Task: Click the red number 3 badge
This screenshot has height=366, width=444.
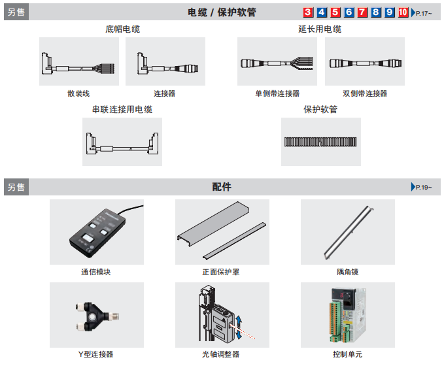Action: pos(308,12)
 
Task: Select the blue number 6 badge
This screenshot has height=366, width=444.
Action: pos(349,12)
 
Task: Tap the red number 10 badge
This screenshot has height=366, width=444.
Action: pos(403,12)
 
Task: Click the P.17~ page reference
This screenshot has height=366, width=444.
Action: pos(422,13)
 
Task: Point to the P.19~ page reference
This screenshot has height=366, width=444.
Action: pos(422,188)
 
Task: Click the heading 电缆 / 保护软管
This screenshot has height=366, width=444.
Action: pos(222,12)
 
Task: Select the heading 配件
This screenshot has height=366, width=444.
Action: pos(222,187)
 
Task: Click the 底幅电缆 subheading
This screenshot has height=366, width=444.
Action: pos(122,29)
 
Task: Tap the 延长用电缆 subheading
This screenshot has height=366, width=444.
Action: pos(320,29)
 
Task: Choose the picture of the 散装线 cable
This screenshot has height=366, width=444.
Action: pos(78,63)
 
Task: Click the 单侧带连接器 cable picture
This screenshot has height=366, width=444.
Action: pos(277,63)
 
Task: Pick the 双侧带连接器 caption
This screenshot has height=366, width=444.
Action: pos(364,93)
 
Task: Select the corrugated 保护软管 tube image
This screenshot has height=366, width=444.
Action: pos(320,141)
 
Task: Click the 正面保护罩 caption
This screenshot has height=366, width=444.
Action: pos(221,272)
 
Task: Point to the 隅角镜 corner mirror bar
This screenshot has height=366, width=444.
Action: pos(348,232)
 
